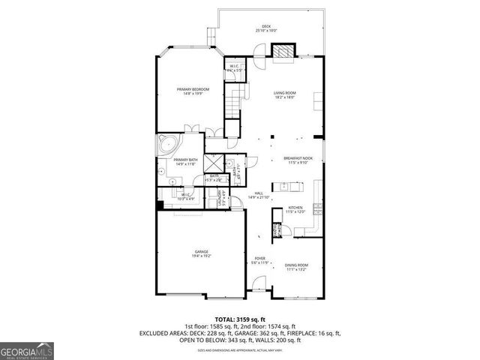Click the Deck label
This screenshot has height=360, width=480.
pyautogui.click(x=266, y=28)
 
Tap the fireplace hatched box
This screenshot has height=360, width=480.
pyautogui.click(x=283, y=52)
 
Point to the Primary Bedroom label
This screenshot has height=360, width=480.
pyautogui.click(x=193, y=91)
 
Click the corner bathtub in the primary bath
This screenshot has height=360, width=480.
pyautogui.click(x=166, y=144)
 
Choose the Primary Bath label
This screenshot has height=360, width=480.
pyautogui.click(x=185, y=162)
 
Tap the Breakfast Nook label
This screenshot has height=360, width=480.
pyautogui.click(x=297, y=160)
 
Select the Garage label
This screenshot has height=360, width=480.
pyautogui.click(x=202, y=253)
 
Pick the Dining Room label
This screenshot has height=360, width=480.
pyautogui.click(x=296, y=267)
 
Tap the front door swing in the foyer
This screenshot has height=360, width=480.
pyautogui.click(x=259, y=284)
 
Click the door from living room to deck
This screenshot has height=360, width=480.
pyautogui.click(x=259, y=52)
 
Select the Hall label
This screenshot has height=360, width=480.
pyautogui.click(x=259, y=195)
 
